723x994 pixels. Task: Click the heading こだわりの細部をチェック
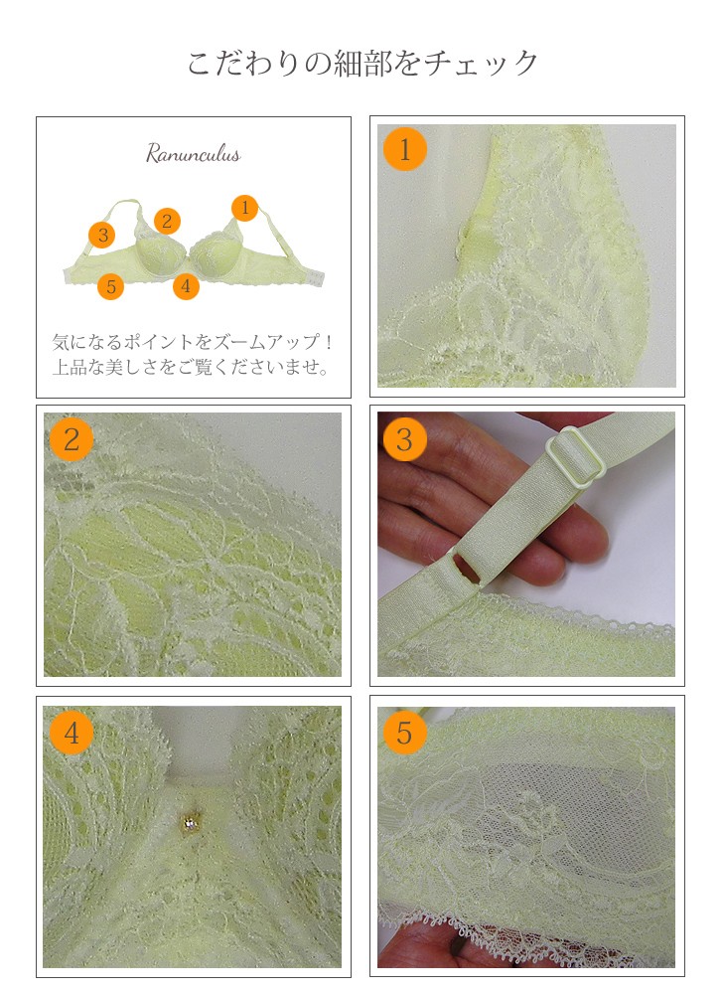(x=362, y=64)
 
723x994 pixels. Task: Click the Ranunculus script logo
(x=193, y=154)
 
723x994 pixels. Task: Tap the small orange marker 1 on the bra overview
(x=244, y=208)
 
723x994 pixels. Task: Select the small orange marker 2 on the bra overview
(x=167, y=221)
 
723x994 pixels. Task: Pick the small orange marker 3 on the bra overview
(x=102, y=236)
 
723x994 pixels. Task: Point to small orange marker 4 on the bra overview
(x=186, y=286)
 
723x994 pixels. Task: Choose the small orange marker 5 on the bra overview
(x=111, y=286)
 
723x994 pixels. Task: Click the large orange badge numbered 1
(x=404, y=150)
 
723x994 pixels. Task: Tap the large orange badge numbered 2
(x=72, y=439)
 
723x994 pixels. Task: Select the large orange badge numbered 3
(x=404, y=439)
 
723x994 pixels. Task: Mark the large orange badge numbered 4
(x=72, y=733)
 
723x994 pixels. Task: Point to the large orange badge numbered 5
(x=404, y=733)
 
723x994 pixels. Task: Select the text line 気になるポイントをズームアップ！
(x=193, y=342)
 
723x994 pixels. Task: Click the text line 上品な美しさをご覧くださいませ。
(x=192, y=367)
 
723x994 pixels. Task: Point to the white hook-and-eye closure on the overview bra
(x=315, y=276)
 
